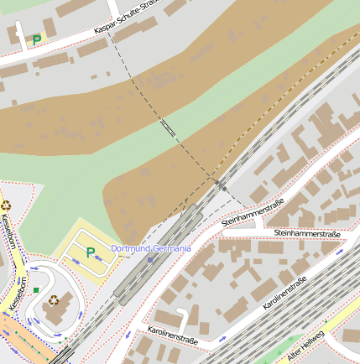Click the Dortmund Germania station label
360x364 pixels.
tap(151, 248)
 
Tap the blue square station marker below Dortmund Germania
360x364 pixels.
tap(150, 260)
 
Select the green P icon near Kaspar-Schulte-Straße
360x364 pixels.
tap(36, 39)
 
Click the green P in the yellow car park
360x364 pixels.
tap(91, 252)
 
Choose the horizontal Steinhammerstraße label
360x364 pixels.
tap(306, 233)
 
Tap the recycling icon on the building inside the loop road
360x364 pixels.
tap(54, 299)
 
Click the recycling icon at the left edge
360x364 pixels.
tap(6, 204)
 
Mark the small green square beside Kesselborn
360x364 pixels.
tap(36, 290)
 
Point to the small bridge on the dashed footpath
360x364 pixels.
tap(168, 127)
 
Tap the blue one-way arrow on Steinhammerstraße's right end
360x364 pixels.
tap(339, 250)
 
